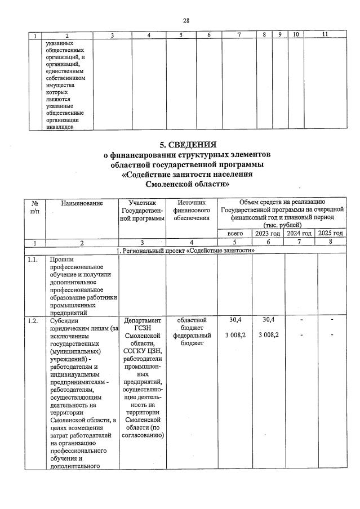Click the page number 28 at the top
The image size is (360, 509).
tap(185, 20)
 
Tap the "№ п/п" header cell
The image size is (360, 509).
tap(35, 207)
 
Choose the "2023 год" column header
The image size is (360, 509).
tap(267, 233)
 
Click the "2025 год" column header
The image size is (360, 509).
tap(330, 233)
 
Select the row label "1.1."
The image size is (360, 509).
tap(33, 260)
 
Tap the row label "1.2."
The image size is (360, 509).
tap(33, 320)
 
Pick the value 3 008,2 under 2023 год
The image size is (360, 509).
tap(267, 336)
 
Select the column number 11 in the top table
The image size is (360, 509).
tap(325, 35)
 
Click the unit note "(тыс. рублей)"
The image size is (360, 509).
tap(282, 225)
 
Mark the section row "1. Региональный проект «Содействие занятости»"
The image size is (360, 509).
tap(184, 250)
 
